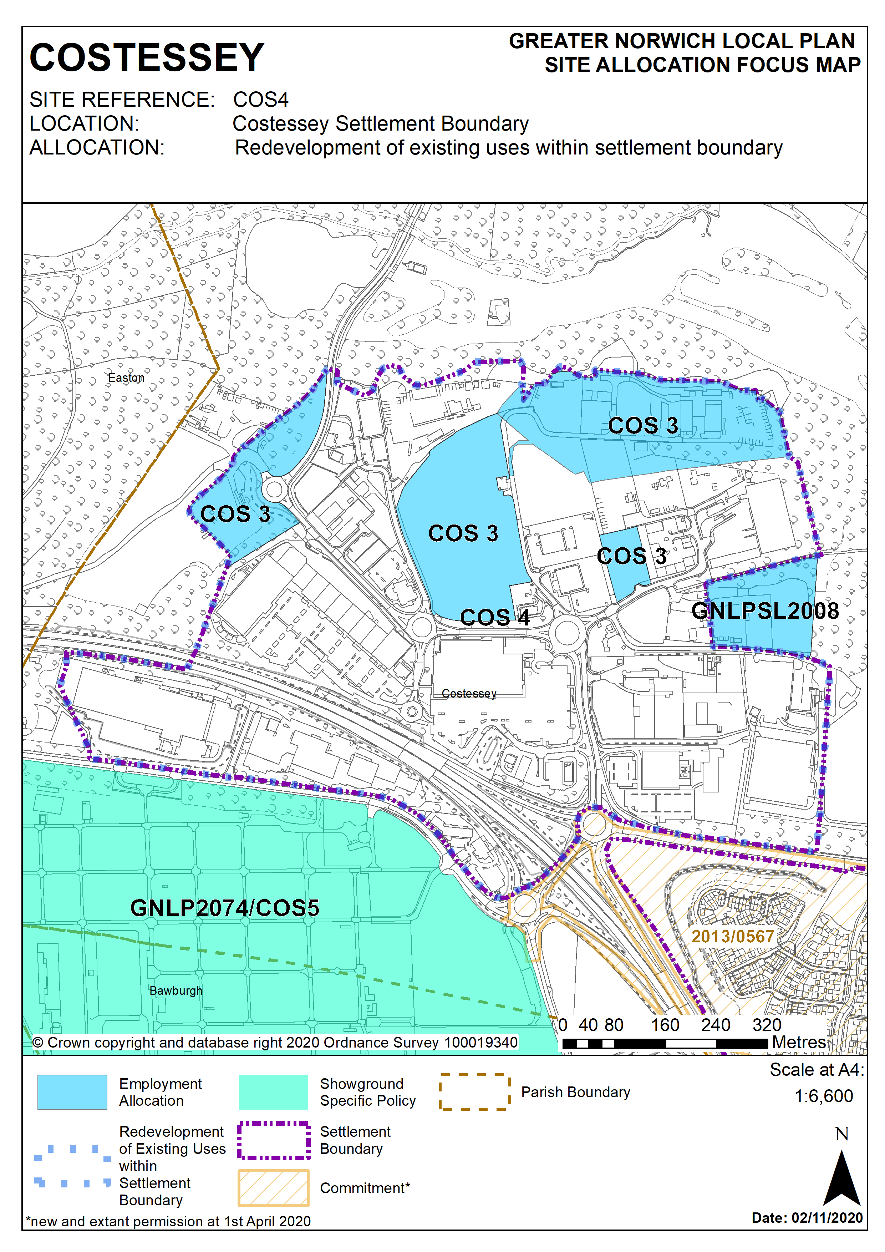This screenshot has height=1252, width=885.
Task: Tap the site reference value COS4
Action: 261,100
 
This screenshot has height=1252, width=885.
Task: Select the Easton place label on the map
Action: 126,378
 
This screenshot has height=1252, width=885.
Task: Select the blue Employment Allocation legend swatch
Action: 72,1092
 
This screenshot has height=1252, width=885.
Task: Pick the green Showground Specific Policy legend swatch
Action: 273,1092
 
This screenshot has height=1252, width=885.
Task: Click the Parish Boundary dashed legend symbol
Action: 474,1092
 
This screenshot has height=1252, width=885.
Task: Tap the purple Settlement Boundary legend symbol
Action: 273,1140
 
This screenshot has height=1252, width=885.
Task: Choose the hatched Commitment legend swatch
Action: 273,1188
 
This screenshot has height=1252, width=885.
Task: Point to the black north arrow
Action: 841,1178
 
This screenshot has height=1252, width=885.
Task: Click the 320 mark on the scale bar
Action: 767,1025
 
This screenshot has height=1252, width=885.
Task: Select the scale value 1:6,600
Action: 823,1096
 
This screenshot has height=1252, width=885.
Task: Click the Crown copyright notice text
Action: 275,1043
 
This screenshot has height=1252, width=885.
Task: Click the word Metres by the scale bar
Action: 799,1042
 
